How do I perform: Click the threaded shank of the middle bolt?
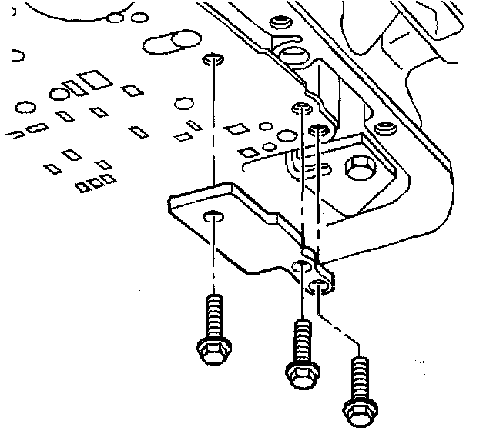304,339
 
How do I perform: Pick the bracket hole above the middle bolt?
303,267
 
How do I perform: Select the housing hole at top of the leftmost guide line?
213,59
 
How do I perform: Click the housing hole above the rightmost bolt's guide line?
317,132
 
